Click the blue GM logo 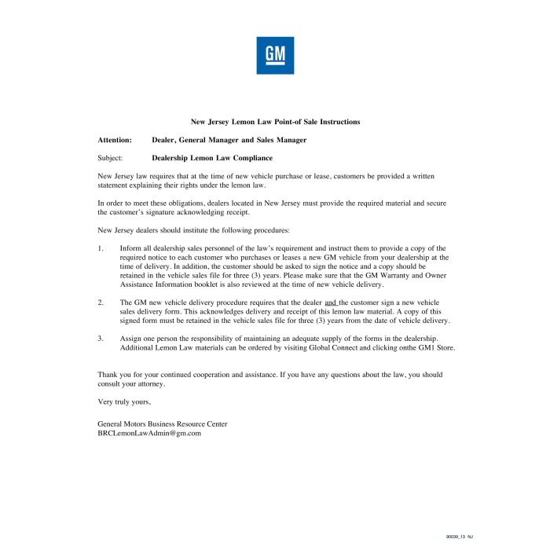(x=275, y=55)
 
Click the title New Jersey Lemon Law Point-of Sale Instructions (x=275, y=122)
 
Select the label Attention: (x=114, y=140)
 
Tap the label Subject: (x=110, y=158)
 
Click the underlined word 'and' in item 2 (x=330, y=302)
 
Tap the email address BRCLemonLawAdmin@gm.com (x=149, y=433)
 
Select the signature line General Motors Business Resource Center (x=163, y=423)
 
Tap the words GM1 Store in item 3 (x=436, y=347)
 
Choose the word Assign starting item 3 (x=130, y=339)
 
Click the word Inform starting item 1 (x=131, y=248)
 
